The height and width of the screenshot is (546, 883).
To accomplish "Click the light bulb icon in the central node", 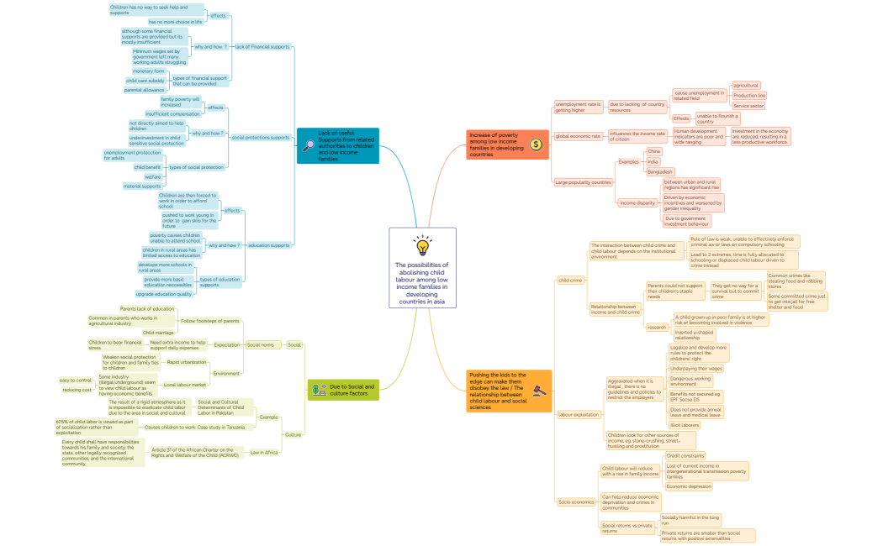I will (x=423, y=245).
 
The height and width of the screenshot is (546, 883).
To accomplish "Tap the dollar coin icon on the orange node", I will (x=536, y=144).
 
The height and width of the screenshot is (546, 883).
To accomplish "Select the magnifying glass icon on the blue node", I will (x=309, y=145).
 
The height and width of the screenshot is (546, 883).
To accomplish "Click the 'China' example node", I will (x=653, y=151).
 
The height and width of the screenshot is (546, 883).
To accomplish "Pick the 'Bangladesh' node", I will (x=660, y=171).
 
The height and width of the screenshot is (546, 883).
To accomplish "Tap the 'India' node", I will (x=653, y=161).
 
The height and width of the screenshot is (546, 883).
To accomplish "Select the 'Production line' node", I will (x=748, y=96).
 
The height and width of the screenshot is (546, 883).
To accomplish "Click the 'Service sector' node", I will (x=748, y=106).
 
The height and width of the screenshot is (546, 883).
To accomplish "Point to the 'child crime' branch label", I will (x=570, y=280).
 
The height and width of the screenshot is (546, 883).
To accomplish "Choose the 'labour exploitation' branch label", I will (x=579, y=414).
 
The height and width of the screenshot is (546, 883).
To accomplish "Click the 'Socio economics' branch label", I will (x=576, y=501).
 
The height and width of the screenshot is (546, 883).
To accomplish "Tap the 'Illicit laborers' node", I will (x=684, y=425).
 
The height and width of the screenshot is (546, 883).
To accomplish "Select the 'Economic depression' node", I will (x=688, y=486).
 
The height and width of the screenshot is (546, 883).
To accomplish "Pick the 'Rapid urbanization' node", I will (x=186, y=361).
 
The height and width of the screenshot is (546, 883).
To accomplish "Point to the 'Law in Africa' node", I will (x=264, y=453).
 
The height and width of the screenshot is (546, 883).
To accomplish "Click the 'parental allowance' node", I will (x=145, y=90).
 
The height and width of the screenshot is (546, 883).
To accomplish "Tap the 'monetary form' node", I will (x=148, y=71).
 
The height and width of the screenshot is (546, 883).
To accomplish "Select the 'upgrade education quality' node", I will (x=163, y=294).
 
